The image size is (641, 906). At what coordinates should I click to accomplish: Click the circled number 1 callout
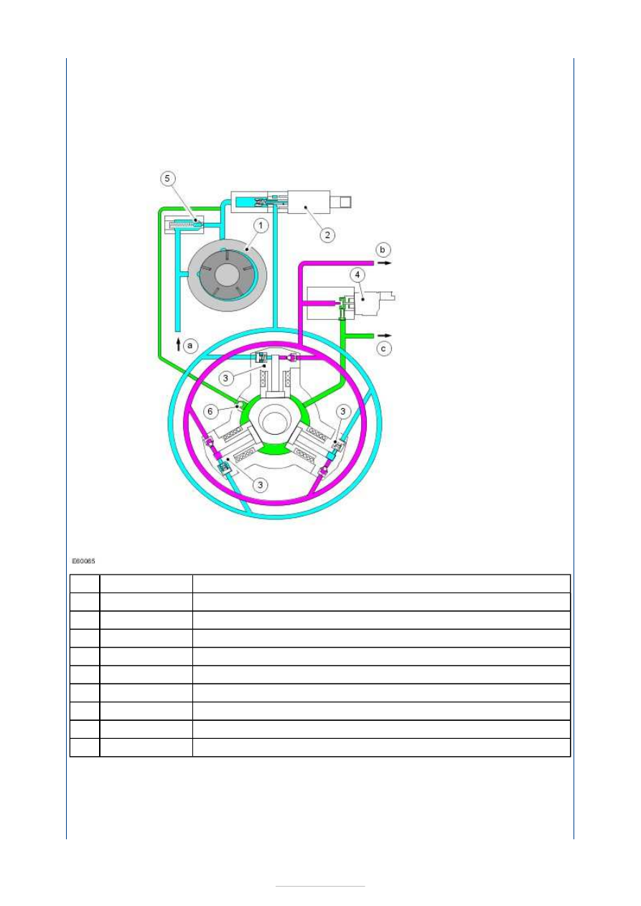[261, 225]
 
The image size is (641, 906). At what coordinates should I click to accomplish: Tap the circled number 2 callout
[327, 235]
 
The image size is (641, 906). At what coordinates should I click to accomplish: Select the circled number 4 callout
[357, 275]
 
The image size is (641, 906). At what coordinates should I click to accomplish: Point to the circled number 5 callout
[167, 179]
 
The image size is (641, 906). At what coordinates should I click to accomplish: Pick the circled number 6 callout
[210, 412]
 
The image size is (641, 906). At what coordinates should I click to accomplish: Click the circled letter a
[190, 346]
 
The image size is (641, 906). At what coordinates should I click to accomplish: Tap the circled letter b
[383, 250]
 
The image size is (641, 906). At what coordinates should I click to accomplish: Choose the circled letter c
[383, 349]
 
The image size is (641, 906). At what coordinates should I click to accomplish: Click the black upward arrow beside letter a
[178, 345]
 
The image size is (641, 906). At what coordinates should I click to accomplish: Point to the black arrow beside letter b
[385, 263]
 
